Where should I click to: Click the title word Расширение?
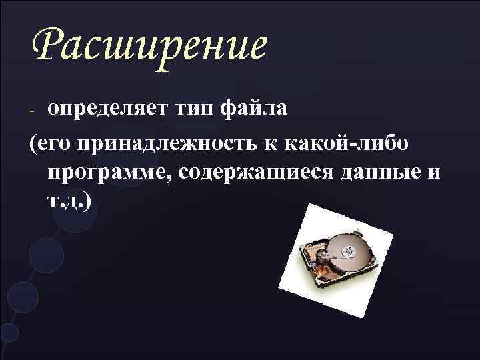tap(149, 45)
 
